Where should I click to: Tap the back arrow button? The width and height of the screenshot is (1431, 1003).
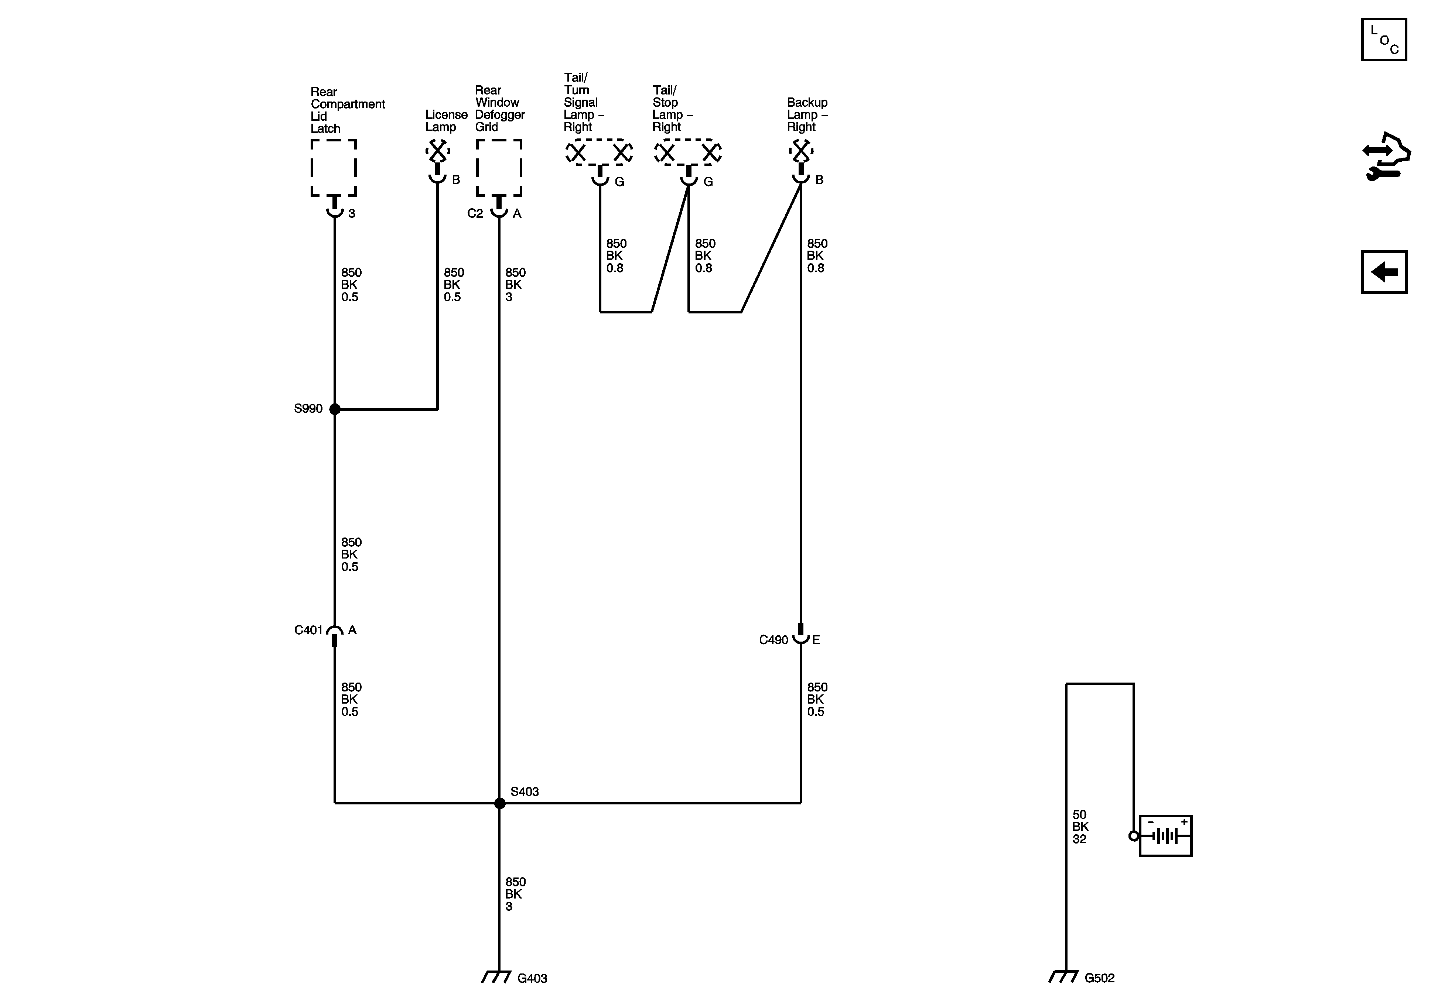(x=1384, y=272)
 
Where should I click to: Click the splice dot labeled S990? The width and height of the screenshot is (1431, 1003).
(x=335, y=409)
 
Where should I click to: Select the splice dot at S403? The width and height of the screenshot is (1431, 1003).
(x=499, y=803)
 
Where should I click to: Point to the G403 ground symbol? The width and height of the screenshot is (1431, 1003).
(x=497, y=977)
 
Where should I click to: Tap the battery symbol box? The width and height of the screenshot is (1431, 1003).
(x=1165, y=836)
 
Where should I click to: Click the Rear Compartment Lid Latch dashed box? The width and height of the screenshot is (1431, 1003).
(x=334, y=168)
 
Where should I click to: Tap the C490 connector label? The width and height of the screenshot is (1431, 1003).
(x=773, y=640)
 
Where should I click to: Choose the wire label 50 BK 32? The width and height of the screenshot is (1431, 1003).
(x=1080, y=827)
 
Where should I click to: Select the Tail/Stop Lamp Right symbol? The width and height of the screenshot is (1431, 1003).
(x=688, y=152)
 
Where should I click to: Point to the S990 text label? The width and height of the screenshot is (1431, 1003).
(x=308, y=409)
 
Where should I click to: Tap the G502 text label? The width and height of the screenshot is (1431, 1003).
(x=1099, y=978)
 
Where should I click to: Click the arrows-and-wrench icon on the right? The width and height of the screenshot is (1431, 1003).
(x=1385, y=157)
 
